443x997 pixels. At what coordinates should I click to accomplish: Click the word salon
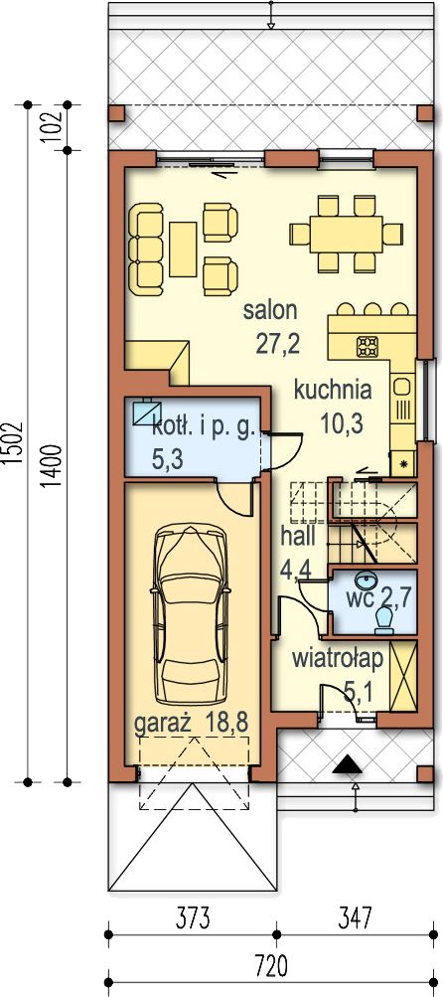(x=270, y=311)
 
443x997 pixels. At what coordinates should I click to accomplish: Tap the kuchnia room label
(x=333, y=390)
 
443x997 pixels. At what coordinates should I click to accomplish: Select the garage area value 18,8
(x=225, y=723)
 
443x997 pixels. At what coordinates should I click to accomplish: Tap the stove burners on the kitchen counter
(x=368, y=346)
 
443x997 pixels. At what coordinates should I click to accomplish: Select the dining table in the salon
(x=347, y=234)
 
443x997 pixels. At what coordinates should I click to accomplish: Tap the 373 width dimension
(x=191, y=917)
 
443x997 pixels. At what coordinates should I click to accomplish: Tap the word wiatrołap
(x=338, y=659)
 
